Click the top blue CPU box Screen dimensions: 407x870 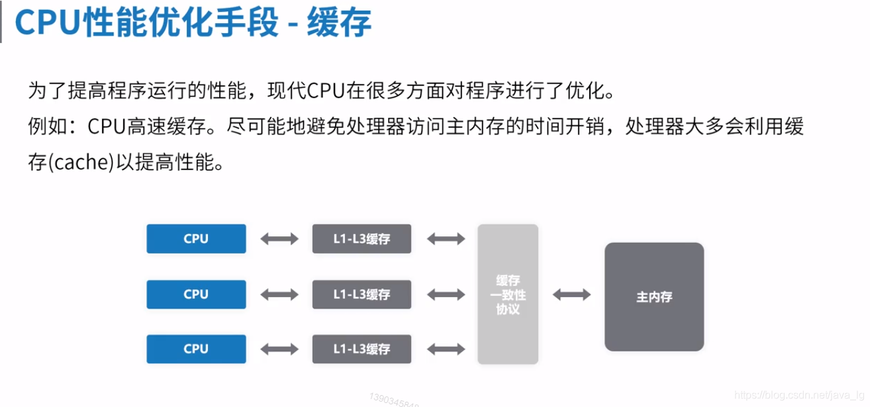pos(196,239)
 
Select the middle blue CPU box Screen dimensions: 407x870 pos(196,294)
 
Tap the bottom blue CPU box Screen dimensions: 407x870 pos(196,349)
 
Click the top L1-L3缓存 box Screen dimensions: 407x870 pos(362,239)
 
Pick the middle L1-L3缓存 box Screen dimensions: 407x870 pos(362,294)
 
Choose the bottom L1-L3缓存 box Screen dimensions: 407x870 pos(362,349)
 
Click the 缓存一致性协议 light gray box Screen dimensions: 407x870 pos(508,294)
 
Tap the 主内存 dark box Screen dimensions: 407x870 pos(654,296)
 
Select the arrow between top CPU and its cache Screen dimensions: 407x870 pos(279,239)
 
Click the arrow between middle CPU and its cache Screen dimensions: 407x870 pos(279,294)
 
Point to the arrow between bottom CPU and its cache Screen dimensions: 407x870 pos(279,349)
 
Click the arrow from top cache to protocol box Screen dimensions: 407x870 pos(446,239)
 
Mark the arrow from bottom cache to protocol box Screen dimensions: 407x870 pos(446,349)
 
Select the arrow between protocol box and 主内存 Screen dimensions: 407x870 pos(571,295)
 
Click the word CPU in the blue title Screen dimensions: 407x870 pos(48,23)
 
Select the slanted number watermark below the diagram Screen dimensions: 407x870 pos(395,399)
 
